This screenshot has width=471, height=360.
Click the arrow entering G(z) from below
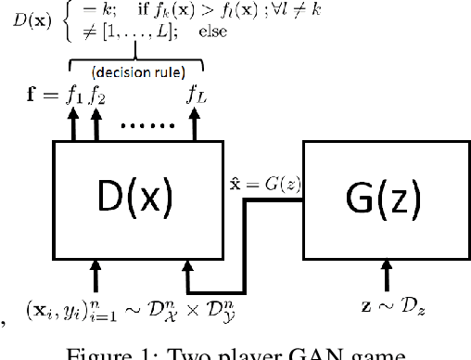387,275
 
